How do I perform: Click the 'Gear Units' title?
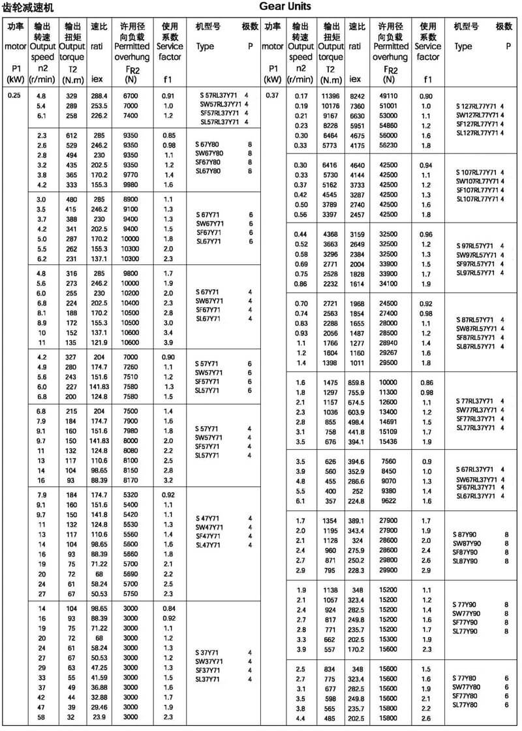284,7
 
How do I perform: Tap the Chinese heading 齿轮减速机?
29,8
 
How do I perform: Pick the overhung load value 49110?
390,95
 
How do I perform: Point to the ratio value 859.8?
357,382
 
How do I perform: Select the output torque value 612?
71,134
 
